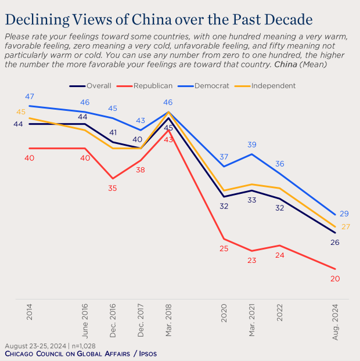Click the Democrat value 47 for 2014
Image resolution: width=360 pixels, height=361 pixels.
point(30,96)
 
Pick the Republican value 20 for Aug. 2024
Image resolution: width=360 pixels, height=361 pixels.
point(334,279)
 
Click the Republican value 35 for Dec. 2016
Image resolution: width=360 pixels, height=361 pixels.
point(113,188)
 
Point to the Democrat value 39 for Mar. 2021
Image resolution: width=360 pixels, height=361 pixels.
point(252,145)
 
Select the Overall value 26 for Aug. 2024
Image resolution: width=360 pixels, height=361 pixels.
point(334,243)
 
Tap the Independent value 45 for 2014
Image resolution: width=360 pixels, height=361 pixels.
point(20,112)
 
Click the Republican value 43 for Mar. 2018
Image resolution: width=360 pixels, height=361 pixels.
point(168,140)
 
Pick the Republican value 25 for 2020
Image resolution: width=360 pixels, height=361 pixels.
point(224,248)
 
